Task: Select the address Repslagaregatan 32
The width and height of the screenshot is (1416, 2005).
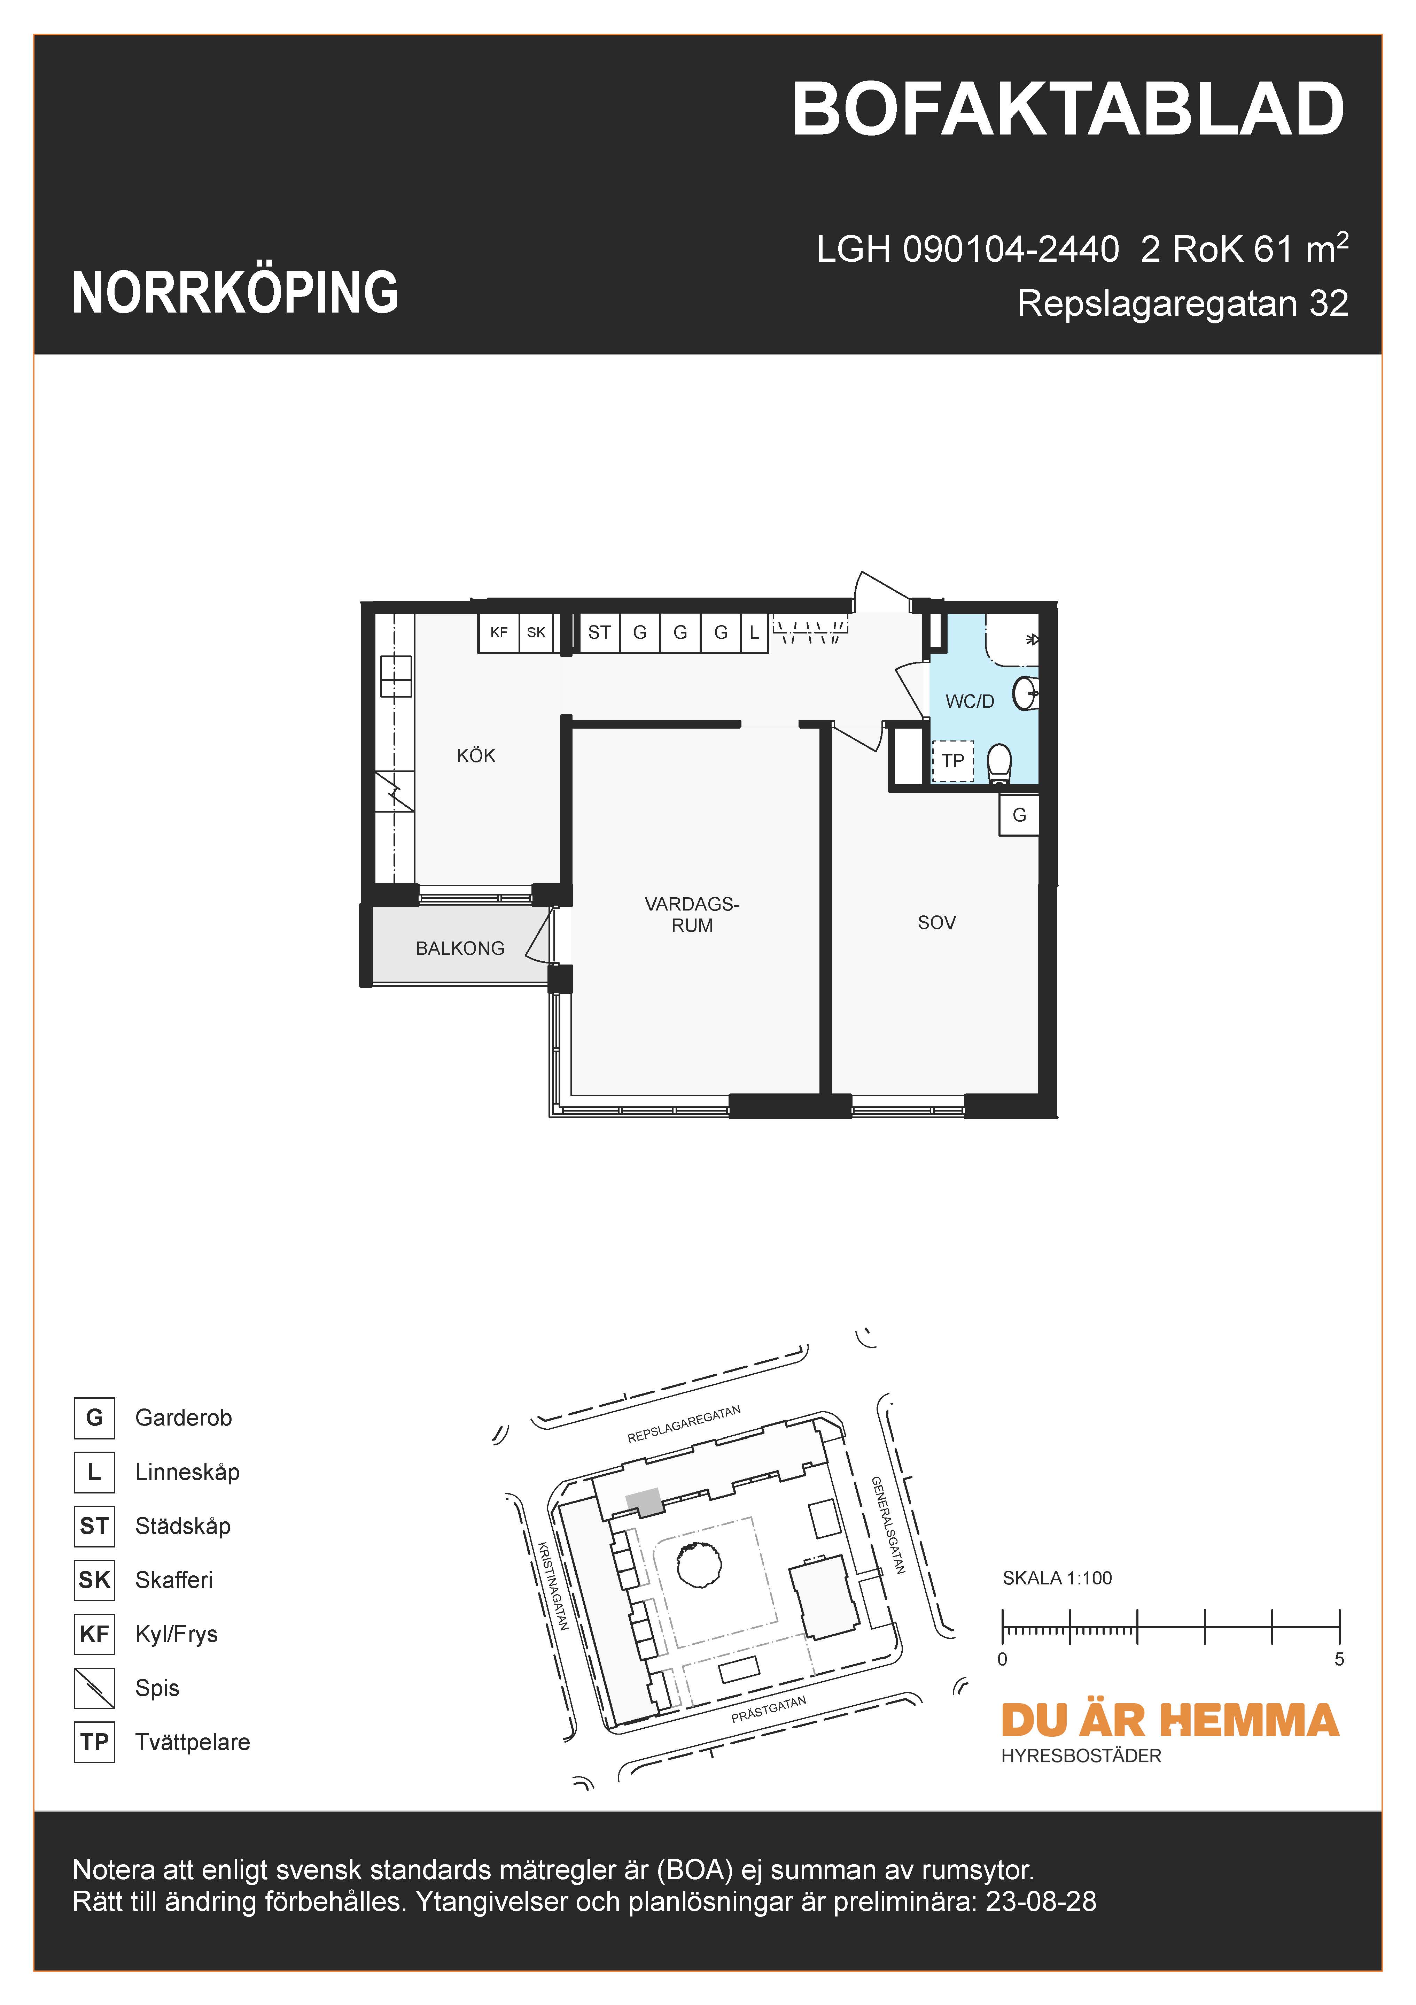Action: [1182, 304]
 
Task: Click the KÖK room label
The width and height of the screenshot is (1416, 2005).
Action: [476, 755]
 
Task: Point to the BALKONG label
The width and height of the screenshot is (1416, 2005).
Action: [460, 948]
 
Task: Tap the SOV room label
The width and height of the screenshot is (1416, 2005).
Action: [937, 923]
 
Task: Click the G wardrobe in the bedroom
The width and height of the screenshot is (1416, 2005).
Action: [1019, 815]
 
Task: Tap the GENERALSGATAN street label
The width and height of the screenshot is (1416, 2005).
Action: [888, 1525]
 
